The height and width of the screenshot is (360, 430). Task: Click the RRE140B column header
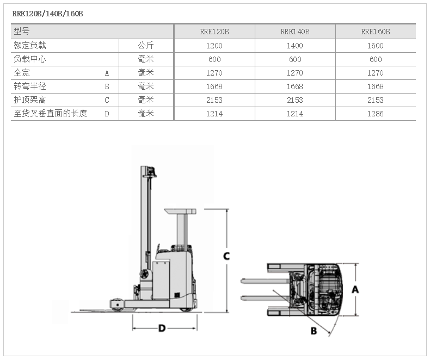pos(295,32)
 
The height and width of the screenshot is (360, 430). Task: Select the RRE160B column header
pos(376,32)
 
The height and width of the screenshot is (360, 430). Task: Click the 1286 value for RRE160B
pos(376,114)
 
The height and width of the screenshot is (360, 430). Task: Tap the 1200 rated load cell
pos(214,46)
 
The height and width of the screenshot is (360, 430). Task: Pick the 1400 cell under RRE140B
pos(295,46)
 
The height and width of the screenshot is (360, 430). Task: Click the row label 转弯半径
pos(30,86)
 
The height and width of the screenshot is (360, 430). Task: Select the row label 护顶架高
pos(30,100)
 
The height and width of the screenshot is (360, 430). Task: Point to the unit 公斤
pos(146,46)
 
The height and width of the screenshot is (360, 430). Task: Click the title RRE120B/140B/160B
pos(47,14)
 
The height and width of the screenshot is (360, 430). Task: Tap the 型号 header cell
pos(22,31)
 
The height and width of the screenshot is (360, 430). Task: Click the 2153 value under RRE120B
pos(214,100)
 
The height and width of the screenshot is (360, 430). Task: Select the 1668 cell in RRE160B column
pos(376,86)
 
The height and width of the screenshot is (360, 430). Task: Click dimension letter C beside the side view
pos(226,256)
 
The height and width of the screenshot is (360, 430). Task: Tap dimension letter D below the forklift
pos(162,328)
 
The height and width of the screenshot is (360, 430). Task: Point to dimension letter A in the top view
pos(355,289)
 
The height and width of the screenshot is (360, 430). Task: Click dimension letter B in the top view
pos(314,331)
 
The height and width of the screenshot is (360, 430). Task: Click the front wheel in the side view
pos(118,305)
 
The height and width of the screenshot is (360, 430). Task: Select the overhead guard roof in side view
pos(180,211)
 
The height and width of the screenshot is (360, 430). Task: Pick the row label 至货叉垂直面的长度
pos(50,114)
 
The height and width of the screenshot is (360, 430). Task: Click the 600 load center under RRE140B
pos(295,59)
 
